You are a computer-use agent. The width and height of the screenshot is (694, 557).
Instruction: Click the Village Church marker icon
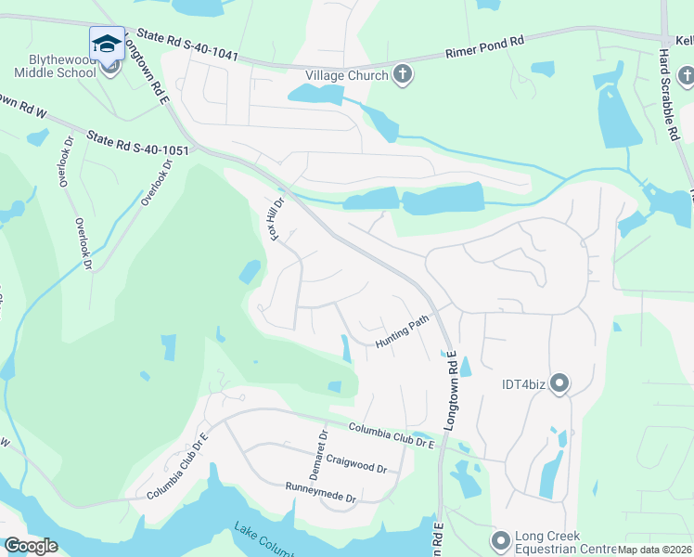tap(403, 75)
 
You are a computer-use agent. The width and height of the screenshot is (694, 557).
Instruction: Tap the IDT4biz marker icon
tap(559, 383)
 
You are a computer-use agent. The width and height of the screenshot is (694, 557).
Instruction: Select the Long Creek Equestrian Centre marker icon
tap(501, 539)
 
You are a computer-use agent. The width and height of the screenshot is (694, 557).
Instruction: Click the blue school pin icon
tap(107, 45)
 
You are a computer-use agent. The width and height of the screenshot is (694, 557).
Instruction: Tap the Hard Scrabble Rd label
tap(665, 97)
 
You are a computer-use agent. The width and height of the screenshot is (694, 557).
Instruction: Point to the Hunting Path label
tap(404, 330)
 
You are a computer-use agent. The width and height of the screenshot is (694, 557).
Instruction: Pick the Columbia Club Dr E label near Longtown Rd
tap(392, 434)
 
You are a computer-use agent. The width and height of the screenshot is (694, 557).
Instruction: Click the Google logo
tap(31, 546)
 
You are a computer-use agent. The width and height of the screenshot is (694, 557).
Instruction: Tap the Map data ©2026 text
tap(655, 550)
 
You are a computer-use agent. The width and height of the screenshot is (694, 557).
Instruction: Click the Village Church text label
tap(348, 75)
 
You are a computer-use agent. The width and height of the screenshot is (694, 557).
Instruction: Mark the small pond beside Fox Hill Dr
tap(250, 271)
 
